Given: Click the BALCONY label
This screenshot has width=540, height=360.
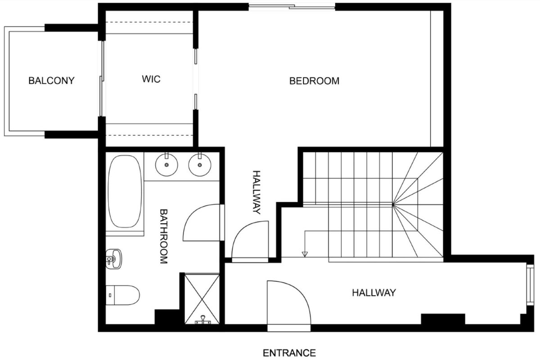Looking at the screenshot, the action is tap(51, 81).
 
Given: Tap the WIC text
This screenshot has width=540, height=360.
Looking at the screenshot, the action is tap(151, 79).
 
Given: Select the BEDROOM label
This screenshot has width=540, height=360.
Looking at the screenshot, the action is tap(314, 81).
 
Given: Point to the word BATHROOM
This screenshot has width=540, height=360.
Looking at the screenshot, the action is tap(164, 236).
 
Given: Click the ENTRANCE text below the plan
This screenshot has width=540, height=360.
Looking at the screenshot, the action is tap(289, 353).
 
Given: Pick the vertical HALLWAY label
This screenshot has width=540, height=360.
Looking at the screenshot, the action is tap(256, 192).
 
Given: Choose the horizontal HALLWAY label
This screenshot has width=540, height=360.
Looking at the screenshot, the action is tap(374, 293).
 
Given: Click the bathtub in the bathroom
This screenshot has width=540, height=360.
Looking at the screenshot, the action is tap(125, 191).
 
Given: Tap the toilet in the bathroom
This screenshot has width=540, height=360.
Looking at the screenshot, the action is tap(123, 295).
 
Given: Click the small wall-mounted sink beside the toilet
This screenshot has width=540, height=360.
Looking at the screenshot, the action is tap(114, 259).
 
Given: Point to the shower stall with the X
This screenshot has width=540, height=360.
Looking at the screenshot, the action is tap(202, 299).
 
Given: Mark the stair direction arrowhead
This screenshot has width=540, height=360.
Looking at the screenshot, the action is tap(305, 254).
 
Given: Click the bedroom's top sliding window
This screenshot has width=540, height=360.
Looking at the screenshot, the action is tap(292, 7).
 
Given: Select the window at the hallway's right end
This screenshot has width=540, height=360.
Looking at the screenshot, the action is tap(531, 285).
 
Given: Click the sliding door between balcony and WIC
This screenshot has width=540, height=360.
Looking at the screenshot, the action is tap(102, 79).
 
